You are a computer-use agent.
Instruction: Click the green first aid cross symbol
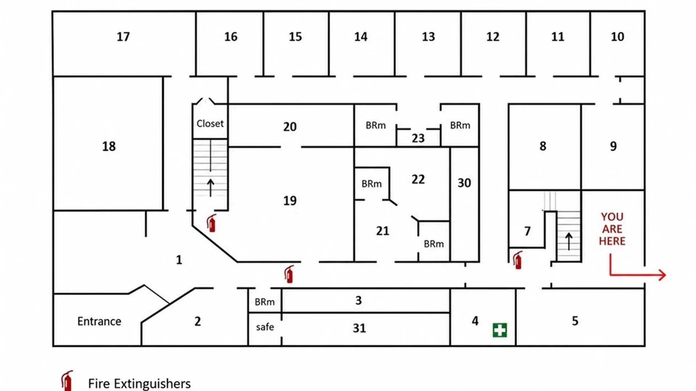point(500,330)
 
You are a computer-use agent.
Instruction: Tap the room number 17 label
point(123,37)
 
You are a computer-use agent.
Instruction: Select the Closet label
point(210,123)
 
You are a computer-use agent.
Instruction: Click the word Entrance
point(99,321)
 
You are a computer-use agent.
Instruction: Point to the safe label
point(265,327)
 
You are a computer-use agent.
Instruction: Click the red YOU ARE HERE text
point(612,229)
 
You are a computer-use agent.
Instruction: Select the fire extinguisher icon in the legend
point(67,381)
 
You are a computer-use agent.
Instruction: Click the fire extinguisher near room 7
point(518,260)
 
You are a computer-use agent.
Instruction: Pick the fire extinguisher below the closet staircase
point(212,223)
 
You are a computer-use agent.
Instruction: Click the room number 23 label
point(418,138)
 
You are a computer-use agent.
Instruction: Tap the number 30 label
point(464,183)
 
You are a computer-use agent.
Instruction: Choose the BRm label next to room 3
point(265,302)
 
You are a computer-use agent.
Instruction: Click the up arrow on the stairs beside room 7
point(569,241)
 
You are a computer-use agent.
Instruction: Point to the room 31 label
point(359,328)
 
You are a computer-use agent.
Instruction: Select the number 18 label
point(109,146)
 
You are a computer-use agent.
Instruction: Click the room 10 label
point(617,37)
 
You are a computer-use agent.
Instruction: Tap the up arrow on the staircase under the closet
point(210,188)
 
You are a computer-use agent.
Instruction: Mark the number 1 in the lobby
point(179,260)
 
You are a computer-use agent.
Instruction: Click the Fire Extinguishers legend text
point(139,383)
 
